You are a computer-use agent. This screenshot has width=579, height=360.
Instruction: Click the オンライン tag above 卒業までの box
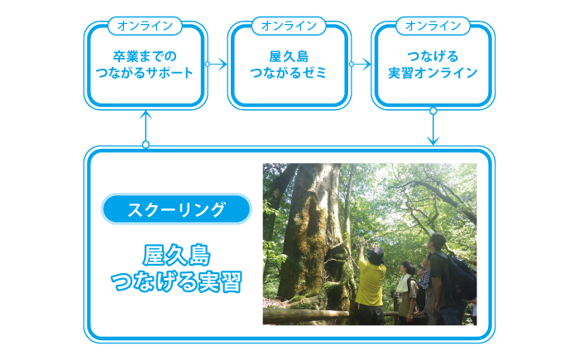(x=145, y=26)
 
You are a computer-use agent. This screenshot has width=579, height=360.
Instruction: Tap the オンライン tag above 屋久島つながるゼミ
(x=289, y=26)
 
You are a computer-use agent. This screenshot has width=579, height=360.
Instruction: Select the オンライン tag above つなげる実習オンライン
(x=433, y=26)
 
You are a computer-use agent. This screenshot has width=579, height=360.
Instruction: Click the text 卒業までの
(x=145, y=56)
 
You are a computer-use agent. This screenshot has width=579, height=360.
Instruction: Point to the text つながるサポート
(x=145, y=73)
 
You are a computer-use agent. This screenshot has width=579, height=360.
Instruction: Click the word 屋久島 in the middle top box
(x=289, y=56)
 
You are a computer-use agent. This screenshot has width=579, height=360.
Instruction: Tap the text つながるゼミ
(x=289, y=73)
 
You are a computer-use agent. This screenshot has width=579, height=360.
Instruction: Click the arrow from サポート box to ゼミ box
(x=216, y=64)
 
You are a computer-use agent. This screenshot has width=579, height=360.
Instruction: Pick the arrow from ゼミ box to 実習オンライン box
(x=360, y=64)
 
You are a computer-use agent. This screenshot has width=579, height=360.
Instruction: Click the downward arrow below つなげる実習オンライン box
(x=433, y=127)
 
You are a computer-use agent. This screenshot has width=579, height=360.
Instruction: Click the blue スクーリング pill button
(x=176, y=209)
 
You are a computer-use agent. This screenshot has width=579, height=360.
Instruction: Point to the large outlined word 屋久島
(x=176, y=256)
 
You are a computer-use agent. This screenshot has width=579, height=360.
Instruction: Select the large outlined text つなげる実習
(x=176, y=281)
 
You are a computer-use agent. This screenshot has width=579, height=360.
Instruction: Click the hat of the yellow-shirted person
(x=376, y=254)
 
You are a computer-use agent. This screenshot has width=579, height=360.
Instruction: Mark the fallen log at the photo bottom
(x=306, y=316)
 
